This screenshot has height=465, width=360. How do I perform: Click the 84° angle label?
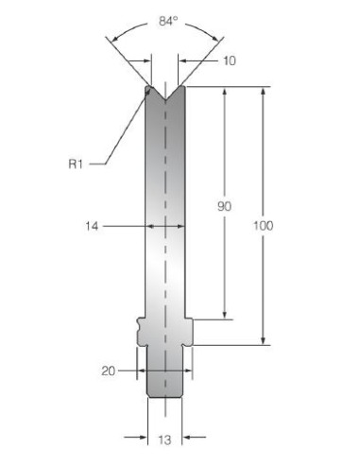tap(168, 21)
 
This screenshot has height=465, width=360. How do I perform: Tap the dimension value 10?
tap(230, 60)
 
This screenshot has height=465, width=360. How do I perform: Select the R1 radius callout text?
tap(76, 164)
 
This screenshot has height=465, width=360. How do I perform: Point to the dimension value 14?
tap(92, 226)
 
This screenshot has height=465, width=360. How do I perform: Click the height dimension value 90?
tap(224, 206)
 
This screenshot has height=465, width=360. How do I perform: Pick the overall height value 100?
tap(264, 226)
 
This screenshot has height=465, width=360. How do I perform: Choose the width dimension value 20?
tap(109, 370)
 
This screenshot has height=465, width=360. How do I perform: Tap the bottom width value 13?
tap(164, 439)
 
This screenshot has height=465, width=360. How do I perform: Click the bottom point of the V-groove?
tap(165, 100)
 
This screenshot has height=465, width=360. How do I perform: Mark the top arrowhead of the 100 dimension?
tap(263, 91)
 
